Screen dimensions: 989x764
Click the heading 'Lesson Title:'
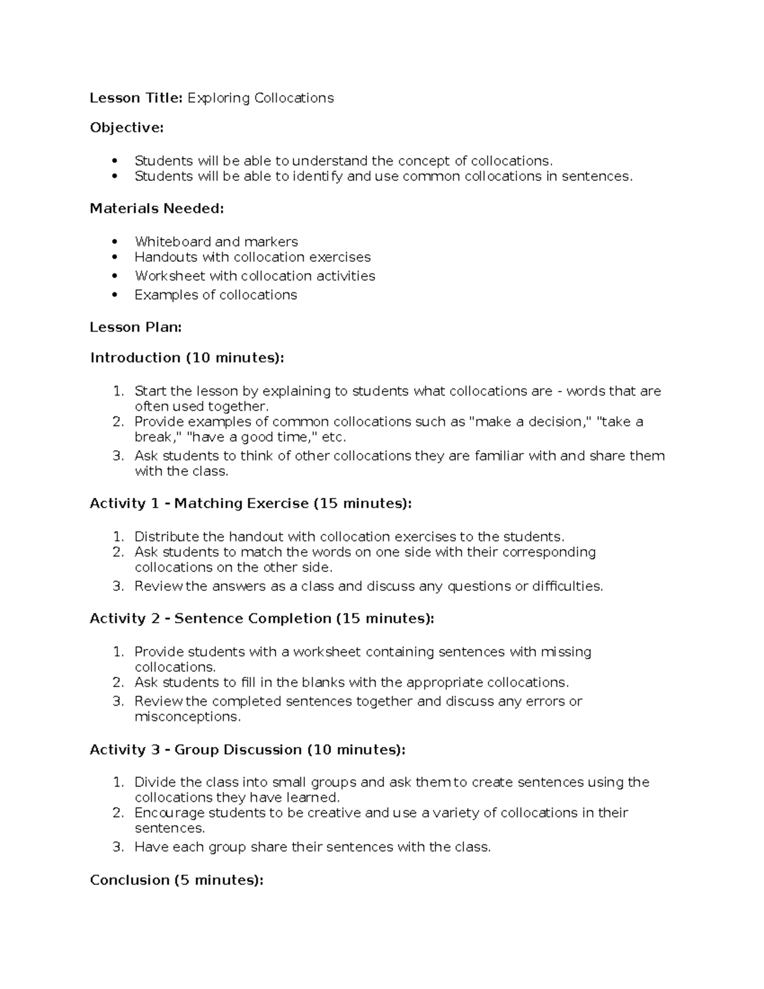(x=136, y=97)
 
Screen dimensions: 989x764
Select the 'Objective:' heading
(x=127, y=128)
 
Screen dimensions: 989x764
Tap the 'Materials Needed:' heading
(x=157, y=208)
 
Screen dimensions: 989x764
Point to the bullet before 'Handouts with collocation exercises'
(x=115, y=257)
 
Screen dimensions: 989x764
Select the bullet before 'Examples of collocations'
(x=115, y=295)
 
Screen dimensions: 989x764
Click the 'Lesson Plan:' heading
(x=136, y=327)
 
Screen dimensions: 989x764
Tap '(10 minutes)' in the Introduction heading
(x=232, y=358)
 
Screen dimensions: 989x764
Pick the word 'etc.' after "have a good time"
(x=334, y=437)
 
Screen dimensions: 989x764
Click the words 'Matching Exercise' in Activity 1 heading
(x=241, y=504)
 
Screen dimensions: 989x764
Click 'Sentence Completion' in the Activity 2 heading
(x=253, y=618)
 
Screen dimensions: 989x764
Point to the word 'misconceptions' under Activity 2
(x=187, y=716)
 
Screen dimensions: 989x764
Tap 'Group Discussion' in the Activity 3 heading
(x=237, y=750)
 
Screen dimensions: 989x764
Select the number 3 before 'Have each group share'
(x=117, y=847)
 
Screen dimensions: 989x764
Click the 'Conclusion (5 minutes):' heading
(x=176, y=880)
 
